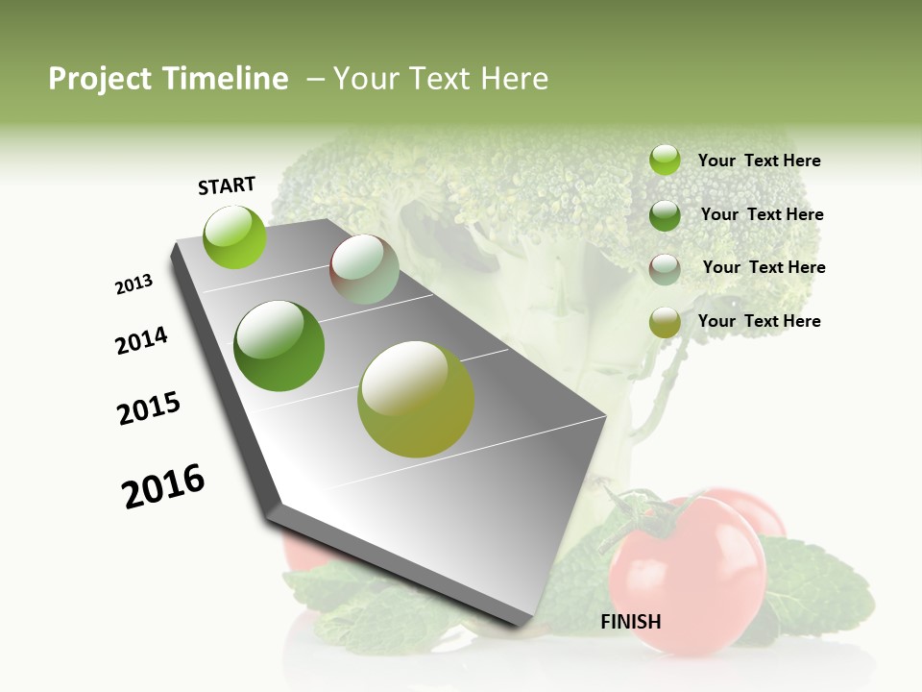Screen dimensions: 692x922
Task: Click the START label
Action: pyautogui.click(x=227, y=185)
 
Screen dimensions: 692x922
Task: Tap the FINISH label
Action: pyautogui.click(x=630, y=622)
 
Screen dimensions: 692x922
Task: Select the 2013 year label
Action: pyautogui.click(x=133, y=284)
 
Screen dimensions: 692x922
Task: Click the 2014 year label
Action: pyautogui.click(x=141, y=340)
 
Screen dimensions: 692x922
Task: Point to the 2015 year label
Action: pyautogui.click(x=149, y=408)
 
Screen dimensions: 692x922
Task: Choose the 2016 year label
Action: pyautogui.click(x=163, y=486)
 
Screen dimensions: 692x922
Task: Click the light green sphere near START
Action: pyautogui.click(x=235, y=237)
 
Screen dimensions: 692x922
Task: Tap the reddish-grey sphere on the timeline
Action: pyautogui.click(x=364, y=270)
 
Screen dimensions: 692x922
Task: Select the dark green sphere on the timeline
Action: pyautogui.click(x=279, y=346)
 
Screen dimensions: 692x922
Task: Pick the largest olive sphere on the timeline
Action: pyautogui.click(x=416, y=399)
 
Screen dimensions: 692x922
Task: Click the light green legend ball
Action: pyautogui.click(x=665, y=161)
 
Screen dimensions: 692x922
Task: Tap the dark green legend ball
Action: pyautogui.click(x=665, y=214)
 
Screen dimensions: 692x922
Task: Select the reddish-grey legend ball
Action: pyautogui.click(x=665, y=268)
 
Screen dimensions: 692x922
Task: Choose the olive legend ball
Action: pyautogui.click(x=665, y=322)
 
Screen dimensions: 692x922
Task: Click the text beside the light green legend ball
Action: pyautogui.click(x=759, y=161)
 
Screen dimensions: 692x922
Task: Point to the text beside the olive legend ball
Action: pyautogui.click(x=759, y=321)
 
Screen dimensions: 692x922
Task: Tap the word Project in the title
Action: pyautogui.click(x=97, y=79)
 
